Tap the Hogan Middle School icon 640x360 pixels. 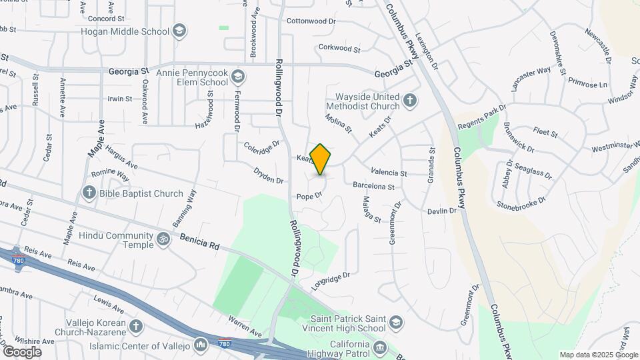[179, 31]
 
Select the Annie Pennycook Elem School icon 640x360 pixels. [237, 77]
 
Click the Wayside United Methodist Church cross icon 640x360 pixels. [411, 101]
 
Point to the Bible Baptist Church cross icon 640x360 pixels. [89, 193]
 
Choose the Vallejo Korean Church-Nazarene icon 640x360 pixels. [137, 326]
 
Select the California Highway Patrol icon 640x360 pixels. [380, 347]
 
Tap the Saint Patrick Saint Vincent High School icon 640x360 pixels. [396, 323]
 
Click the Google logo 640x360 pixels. [21, 351]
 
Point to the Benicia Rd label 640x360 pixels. [199, 241]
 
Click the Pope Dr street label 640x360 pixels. [309, 196]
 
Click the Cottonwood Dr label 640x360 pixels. [311, 21]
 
